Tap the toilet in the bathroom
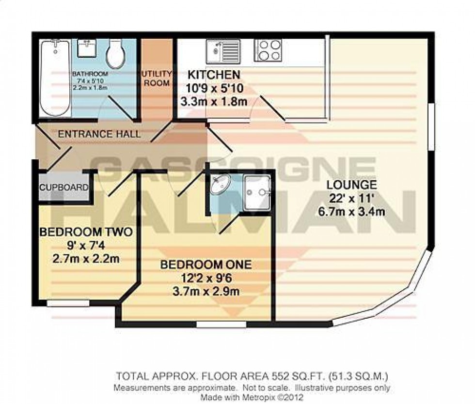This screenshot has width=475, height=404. point(116,54)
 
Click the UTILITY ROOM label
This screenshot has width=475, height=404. point(156,78)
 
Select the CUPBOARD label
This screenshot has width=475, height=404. point(64,187)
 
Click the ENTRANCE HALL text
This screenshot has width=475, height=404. point(99,134)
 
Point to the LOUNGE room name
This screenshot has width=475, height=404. point(351,184)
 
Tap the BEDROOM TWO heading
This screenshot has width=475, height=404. point(85,232)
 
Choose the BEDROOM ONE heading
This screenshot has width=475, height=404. point(206,265)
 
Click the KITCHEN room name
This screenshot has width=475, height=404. point(214,75)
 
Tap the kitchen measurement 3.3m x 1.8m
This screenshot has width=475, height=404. point(214,102)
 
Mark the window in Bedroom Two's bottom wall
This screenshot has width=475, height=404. point(68,303)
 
